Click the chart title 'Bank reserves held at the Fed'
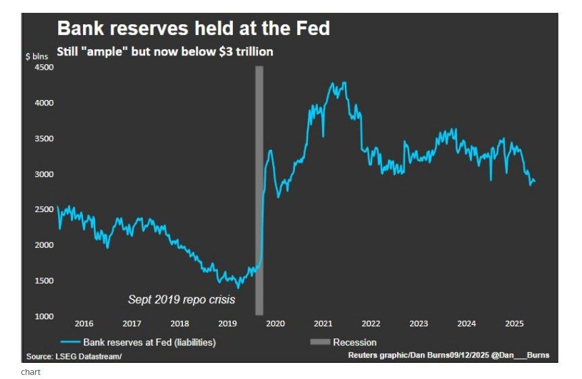click(x=193, y=28)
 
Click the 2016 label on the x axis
click(x=84, y=324)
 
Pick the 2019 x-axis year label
click(x=228, y=324)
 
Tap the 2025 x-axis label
click(x=514, y=324)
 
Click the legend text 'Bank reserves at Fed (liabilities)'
click(x=149, y=343)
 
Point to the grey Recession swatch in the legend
click(x=319, y=343)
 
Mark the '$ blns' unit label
click(x=36, y=56)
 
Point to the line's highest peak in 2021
click(x=345, y=82)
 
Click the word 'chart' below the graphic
click(x=31, y=372)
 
